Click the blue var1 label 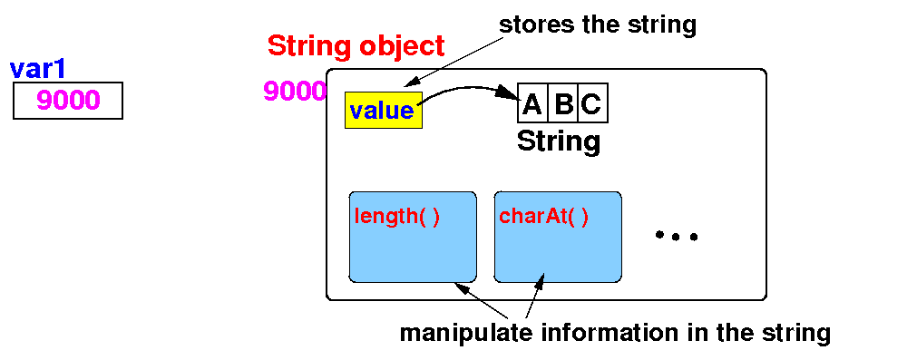(x=37, y=70)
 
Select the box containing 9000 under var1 (x=68, y=101)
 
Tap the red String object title (x=356, y=46)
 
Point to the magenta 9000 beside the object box (x=295, y=92)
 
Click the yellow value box (x=384, y=110)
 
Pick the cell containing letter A (x=532, y=106)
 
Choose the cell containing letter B (x=563, y=106)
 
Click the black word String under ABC (x=559, y=141)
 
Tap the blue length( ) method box (x=413, y=238)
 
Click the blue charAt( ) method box (x=558, y=238)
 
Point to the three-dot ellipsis (x=677, y=236)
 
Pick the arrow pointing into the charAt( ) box (x=535, y=296)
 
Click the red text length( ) (x=397, y=219)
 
